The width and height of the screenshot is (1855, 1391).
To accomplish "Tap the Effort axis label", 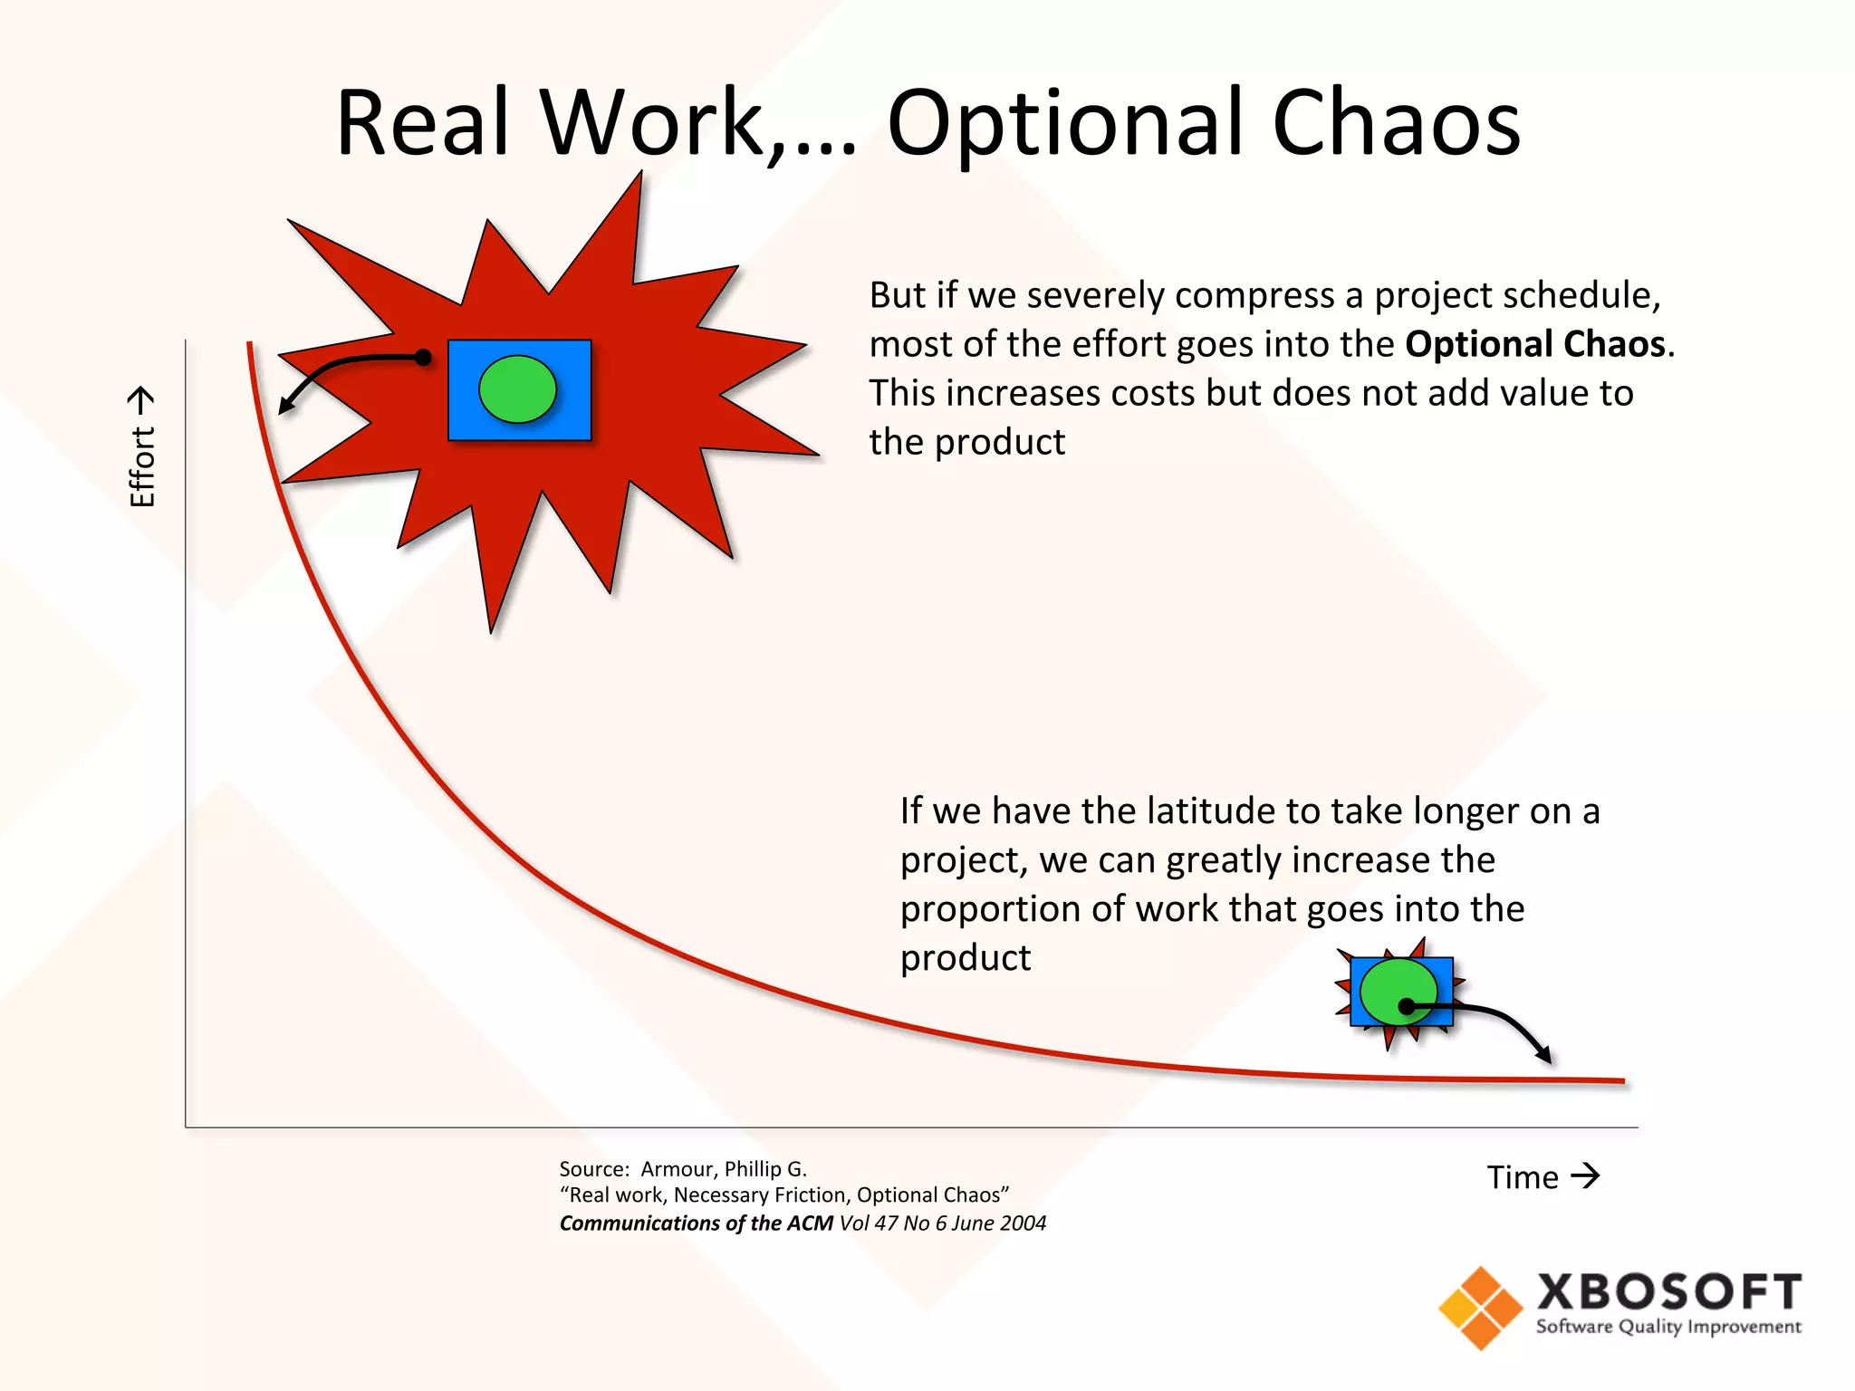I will (x=142, y=447).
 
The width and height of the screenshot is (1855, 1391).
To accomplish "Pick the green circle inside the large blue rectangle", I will (x=517, y=389).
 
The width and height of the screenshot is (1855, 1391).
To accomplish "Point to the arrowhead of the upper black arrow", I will (x=284, y=407).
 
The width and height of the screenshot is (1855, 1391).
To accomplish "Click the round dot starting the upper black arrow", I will (x=423, y=358).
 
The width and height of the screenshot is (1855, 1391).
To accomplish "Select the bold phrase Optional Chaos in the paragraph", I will (x=1535, y=344).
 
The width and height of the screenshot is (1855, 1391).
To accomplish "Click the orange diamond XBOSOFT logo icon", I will (x=1481, y=1308).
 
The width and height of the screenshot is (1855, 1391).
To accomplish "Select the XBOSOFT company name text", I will (x=1668, y=1292).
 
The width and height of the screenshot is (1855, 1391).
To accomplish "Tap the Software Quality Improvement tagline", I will (x=1668, y=1328).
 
